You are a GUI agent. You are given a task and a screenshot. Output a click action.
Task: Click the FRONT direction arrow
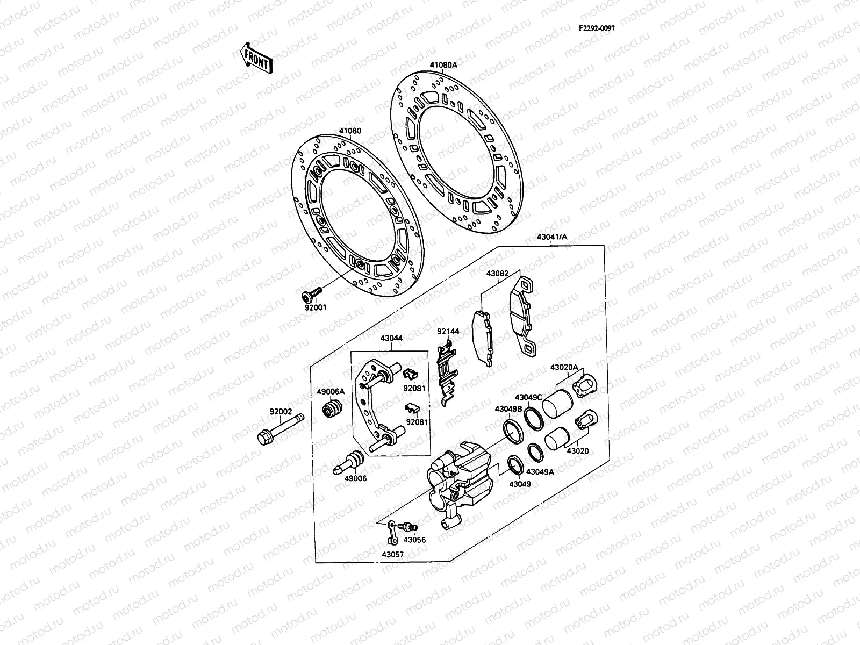[256, 58]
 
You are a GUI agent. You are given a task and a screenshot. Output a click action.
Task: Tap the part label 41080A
[443, 65]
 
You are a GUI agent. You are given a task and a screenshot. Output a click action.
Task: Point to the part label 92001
[314, 308]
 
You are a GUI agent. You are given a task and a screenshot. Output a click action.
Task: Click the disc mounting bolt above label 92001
[311, 293]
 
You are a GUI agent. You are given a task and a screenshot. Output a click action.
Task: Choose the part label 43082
[497, 273]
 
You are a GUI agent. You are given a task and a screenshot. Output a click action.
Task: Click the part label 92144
[448, 332]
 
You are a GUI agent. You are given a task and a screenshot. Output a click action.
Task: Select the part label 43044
[391, 339]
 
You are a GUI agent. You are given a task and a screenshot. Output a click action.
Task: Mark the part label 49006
[355, 478]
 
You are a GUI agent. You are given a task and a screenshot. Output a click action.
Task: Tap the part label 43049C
[528, 397]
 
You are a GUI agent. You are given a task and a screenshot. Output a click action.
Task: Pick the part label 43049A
[539, 471]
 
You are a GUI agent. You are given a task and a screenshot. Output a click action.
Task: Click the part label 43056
[414, 539]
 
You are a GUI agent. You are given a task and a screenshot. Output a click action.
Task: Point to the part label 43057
[393, 554]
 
